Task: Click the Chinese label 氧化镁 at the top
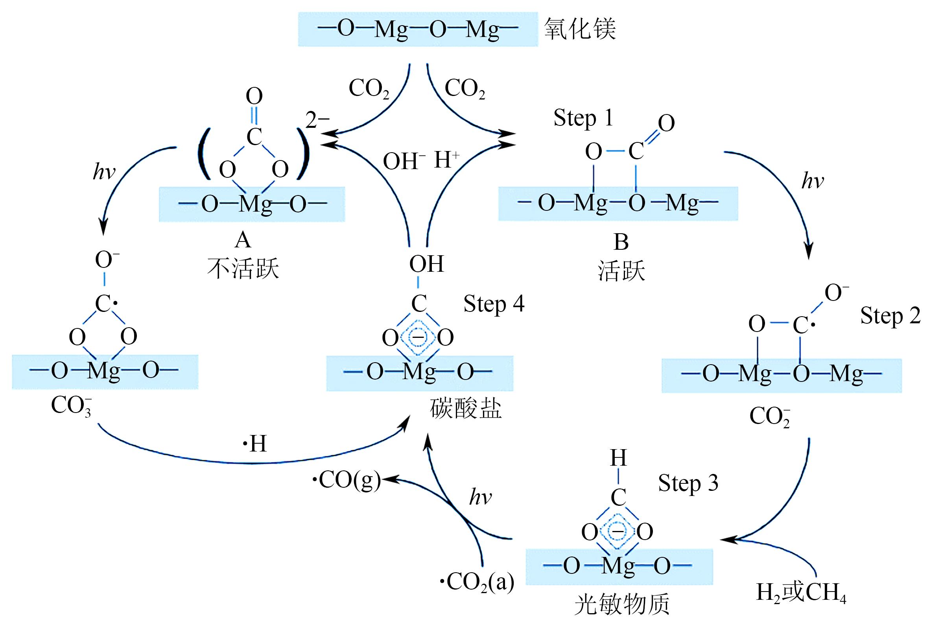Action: click(580, 29)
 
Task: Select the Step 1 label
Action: click(583, 118)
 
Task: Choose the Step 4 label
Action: click(494, 304)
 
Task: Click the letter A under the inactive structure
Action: click(243, 240)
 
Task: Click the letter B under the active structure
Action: click(621, 242)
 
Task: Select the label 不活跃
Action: click(243, 268)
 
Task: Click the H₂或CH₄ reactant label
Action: click(801, 593)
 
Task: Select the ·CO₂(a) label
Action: click(477, 582)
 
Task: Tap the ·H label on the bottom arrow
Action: click(255, 443)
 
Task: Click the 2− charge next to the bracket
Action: click(317, 120)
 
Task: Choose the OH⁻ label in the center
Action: click(404, 161)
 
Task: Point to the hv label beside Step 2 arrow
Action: click(813, 181)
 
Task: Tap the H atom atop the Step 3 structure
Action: click(618, 458)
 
